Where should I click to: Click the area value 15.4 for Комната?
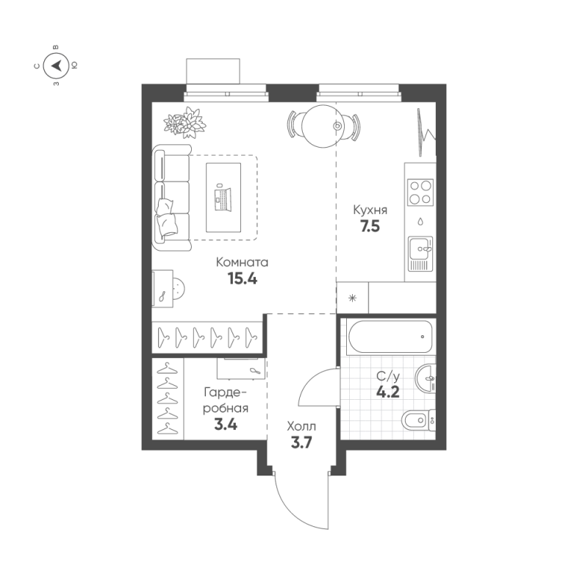[243, 279]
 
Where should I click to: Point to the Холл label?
[301, 426]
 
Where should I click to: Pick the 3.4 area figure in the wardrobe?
[226, 424]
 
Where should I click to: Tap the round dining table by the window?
[324, 126]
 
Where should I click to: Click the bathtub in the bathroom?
[387, 337]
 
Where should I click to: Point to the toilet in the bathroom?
[415, 421]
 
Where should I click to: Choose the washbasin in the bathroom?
[426, 379]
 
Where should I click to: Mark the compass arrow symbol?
[57, 66]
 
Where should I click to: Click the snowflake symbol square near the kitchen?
[352, 298]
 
